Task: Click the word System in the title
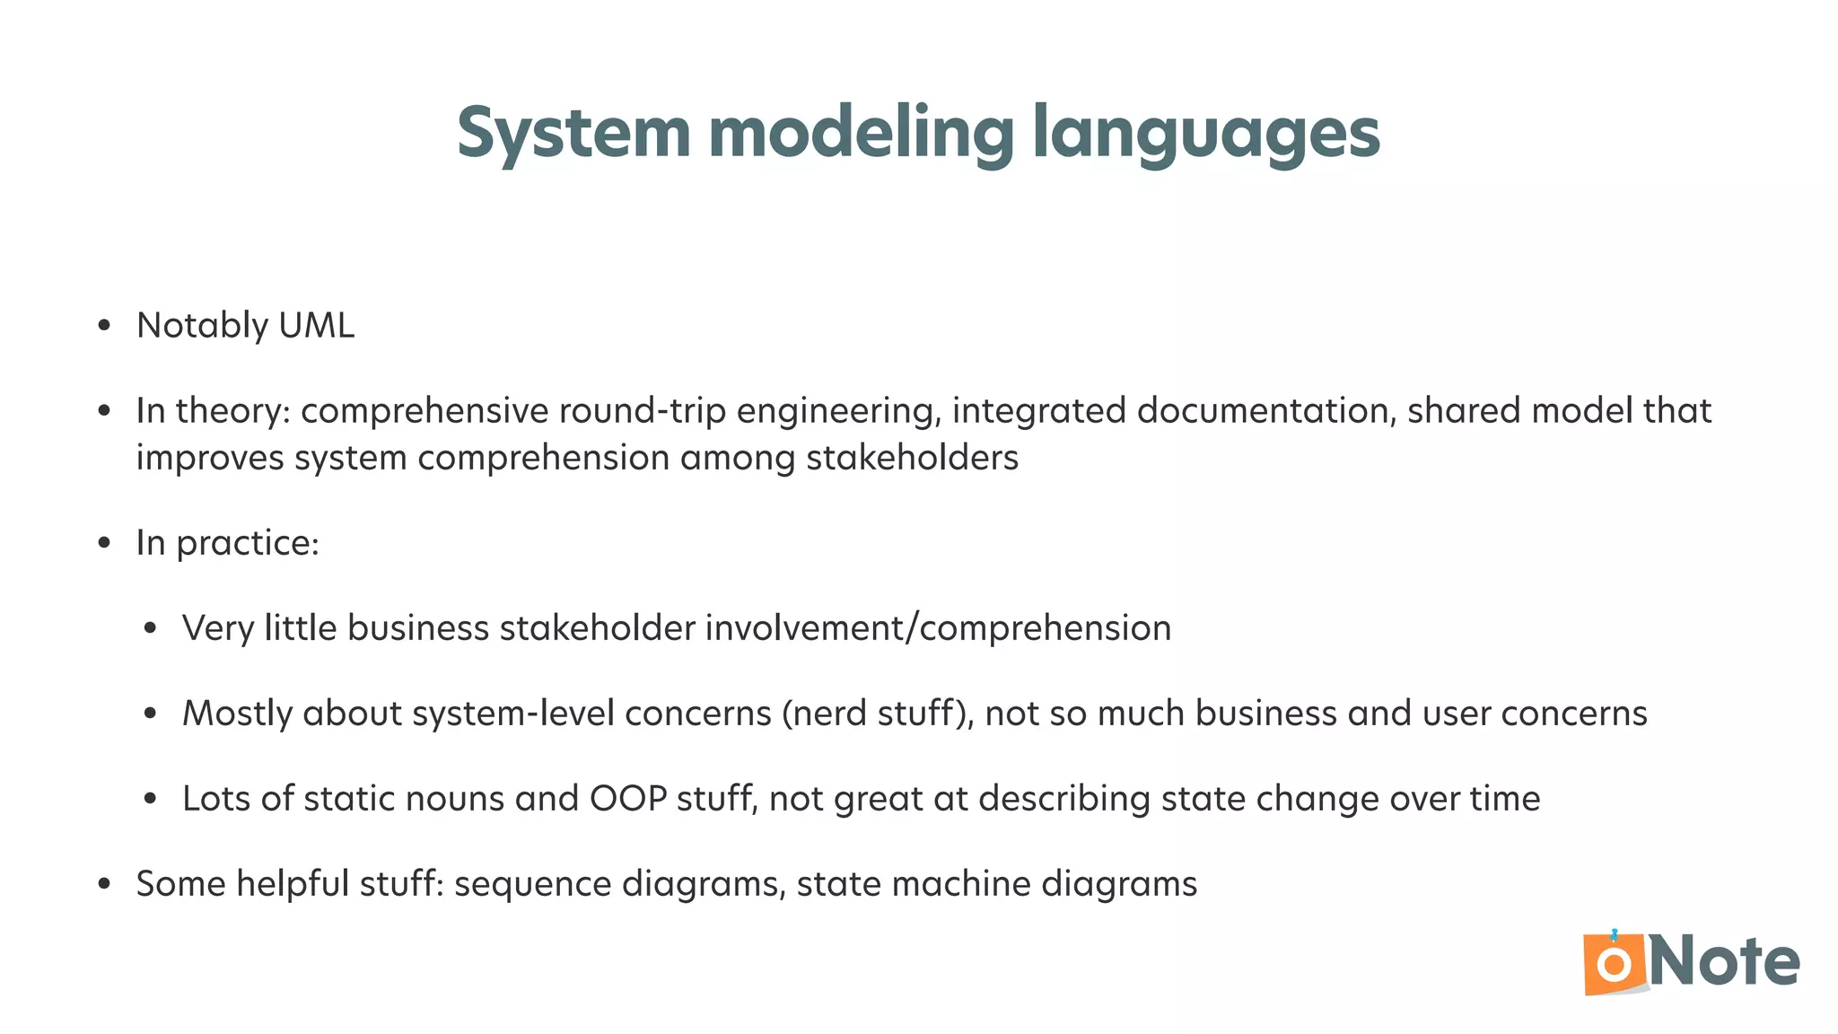[573, 133]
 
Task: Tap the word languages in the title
[1205, 133]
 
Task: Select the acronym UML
[317, 325]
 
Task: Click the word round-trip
[643, 410]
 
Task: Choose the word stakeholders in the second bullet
[912, 458]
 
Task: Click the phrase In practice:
[228, 543]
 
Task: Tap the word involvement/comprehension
[938, 628]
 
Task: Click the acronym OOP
[628, 799]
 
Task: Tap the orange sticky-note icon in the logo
[1615, 964]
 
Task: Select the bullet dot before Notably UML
[104, 326]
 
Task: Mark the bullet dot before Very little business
[150, 628]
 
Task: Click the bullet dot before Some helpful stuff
[104, 884]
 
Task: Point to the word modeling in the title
[861, 133]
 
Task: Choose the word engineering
[838, 410]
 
